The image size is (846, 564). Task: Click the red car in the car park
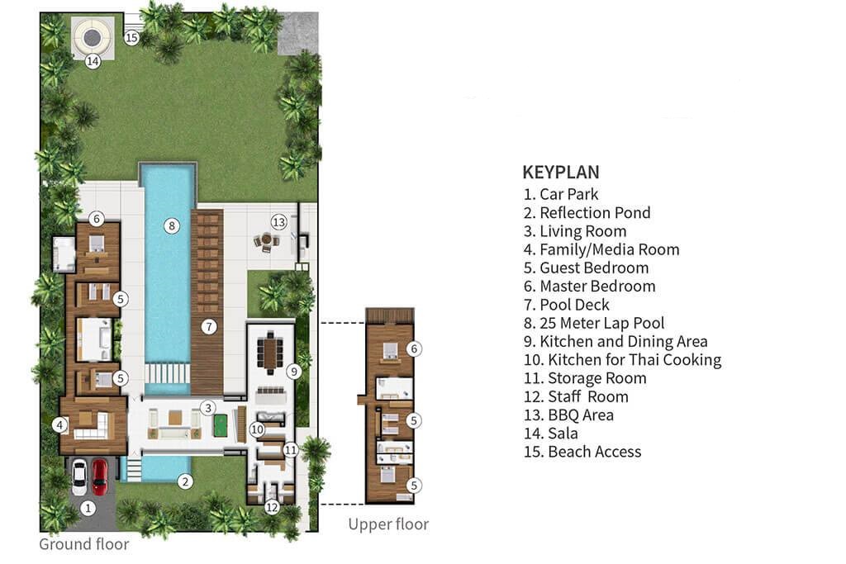pyautogui.click(x=99, y=476)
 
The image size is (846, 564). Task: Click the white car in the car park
pyautogui.click(x=79, y=476)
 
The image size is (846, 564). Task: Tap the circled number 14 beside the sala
pyautogui.click(x=93, y=61)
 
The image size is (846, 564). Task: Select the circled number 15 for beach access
pyautogui.click(x=132, y=37)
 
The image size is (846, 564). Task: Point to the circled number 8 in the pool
pyautogui.click(x=172, y=225)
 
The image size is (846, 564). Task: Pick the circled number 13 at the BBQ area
pyautogui.click(x=279, y=221)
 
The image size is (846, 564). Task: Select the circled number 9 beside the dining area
pyautogui.click(x=292, y=372)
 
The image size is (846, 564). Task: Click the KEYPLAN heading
pyautogui.click(x=561, y=173)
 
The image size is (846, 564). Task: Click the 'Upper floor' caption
pyautogui.click(x=388, y=524)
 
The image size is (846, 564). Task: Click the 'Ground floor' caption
pyautogui.click(x=84, y=544)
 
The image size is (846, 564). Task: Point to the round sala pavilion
pyautogui.click(x=92, y=36)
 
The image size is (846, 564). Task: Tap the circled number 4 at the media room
pyautogui.click(x=59, y=426)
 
